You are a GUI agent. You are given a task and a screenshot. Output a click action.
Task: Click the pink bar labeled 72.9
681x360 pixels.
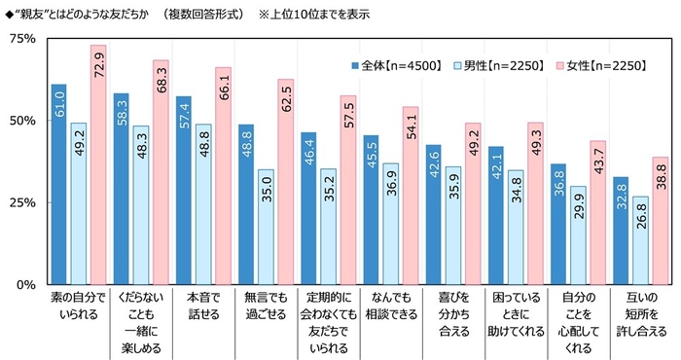point(98,164)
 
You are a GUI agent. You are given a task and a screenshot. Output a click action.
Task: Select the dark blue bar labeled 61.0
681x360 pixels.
point(59,184)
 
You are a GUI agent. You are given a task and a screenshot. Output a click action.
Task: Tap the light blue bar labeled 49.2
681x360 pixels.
point(79,203)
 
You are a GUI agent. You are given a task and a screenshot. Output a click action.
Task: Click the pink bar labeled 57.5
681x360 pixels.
point(347,190)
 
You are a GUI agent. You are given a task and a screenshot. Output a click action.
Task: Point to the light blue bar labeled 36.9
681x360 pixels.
point(390,224)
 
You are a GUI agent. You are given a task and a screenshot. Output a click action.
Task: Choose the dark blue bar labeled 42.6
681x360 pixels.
point(433,214)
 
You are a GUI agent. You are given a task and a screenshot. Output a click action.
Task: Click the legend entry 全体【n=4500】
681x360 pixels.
point(395,65)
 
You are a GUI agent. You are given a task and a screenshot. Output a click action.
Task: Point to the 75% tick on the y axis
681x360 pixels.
point(20,39)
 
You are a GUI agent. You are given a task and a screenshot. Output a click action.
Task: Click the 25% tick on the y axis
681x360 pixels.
point(20,202)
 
